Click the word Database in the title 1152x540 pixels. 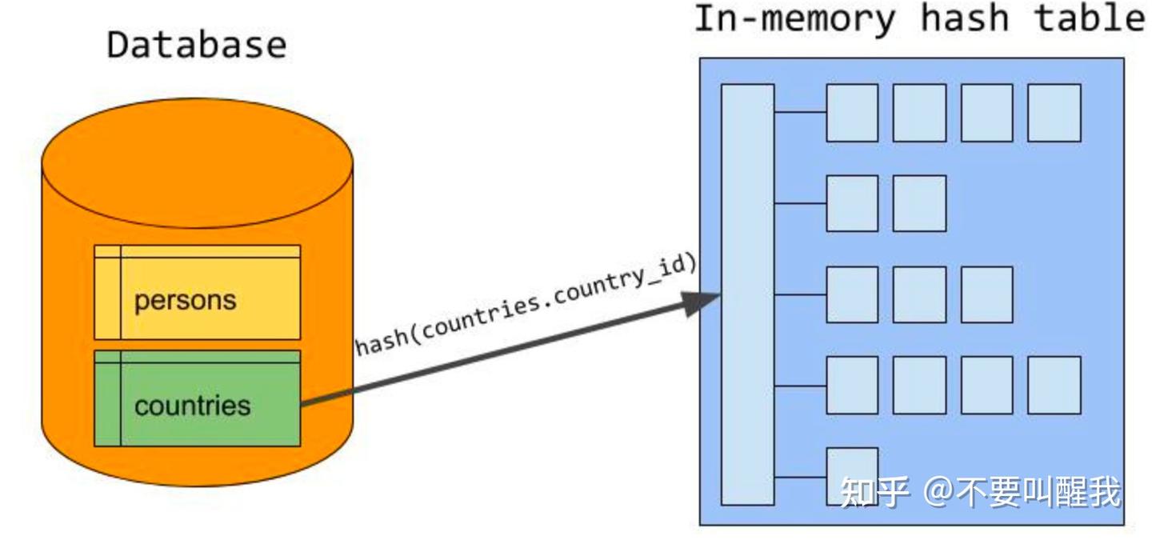(x=197, y=45)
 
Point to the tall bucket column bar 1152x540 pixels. (x=747, y=294)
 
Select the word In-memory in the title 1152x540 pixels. (x=795, y=18)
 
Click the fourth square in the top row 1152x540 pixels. (x=1054, y=113)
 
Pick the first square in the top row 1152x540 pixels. (x=852, y=113)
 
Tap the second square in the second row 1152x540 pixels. (x=919, y=203)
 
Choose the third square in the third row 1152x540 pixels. (x=986, y=294)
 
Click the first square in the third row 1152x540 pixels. (x=852, y=294)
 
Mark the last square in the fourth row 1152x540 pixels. (x=1054, y=385)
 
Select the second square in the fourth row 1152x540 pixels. (x=919, y=385)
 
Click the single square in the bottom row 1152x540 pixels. (x=852, y=476)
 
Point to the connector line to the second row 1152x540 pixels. (x=800, y=203)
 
